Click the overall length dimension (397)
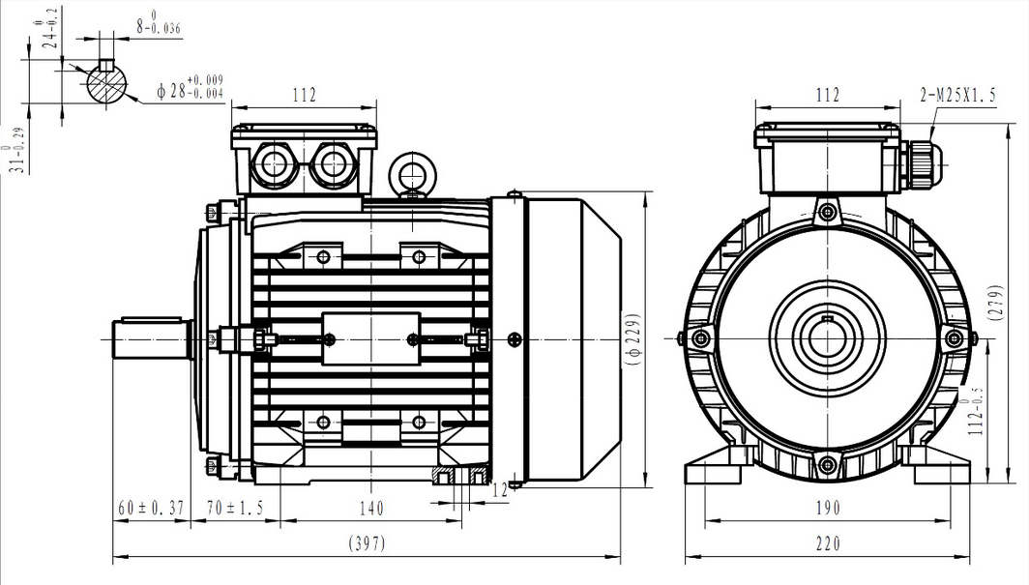click(367, 543)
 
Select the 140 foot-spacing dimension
click(371, 509)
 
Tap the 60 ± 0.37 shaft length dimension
click(151, 509)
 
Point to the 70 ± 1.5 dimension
click(235, 509)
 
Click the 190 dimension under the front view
click(828, 509)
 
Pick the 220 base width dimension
click(828, 543)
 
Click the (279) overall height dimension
click(995, 303)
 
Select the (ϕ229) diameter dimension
click(633, 338)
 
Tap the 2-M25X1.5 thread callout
click(958, 96)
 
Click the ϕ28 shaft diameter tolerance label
click(191, 89)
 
